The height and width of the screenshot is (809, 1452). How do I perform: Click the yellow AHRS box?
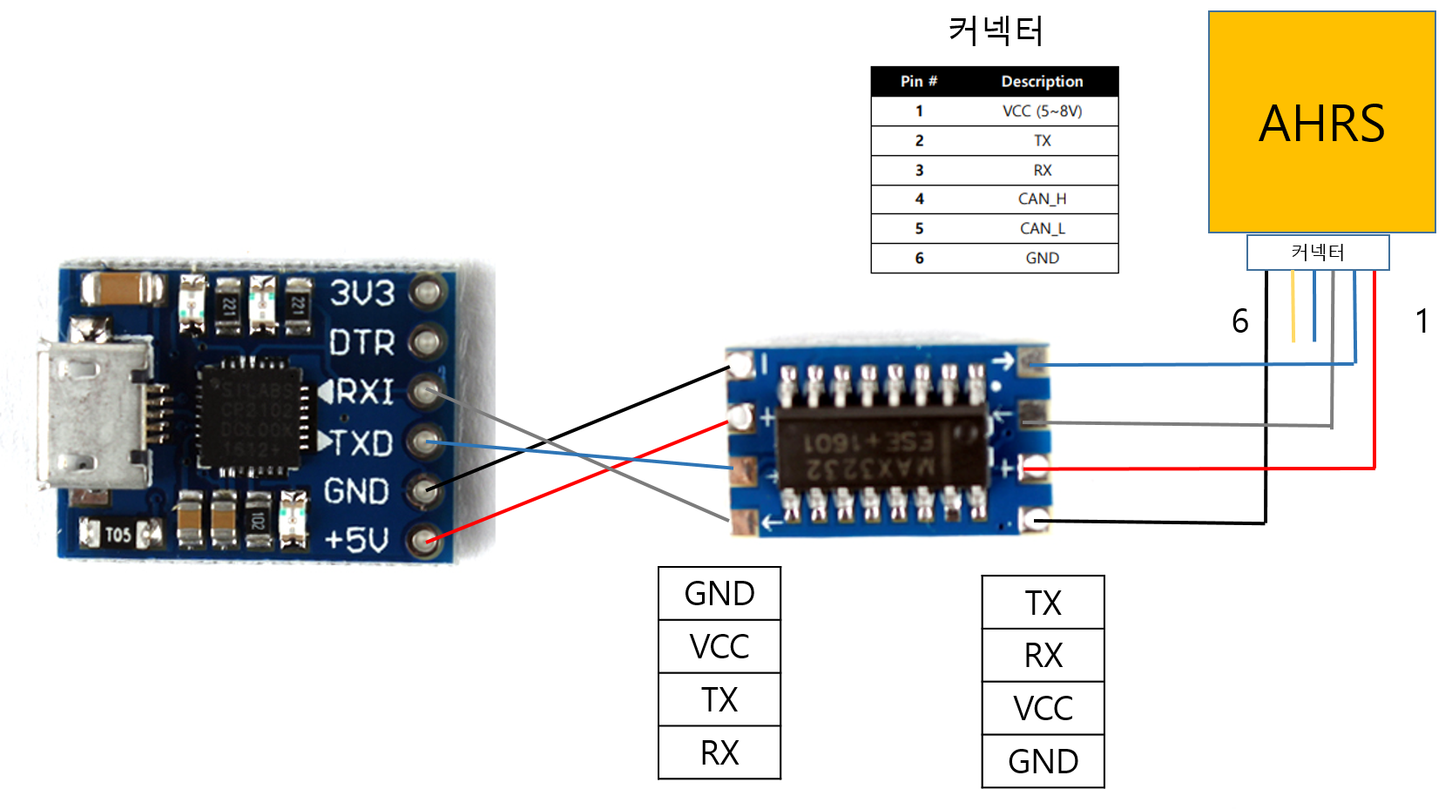pyautogui.click(x=1321, y=122)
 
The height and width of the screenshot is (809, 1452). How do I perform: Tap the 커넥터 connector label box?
pyautogui.click(x=1317, y=253)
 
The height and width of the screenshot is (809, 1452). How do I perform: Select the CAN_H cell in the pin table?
pyautogui.click(x=1042, y=199)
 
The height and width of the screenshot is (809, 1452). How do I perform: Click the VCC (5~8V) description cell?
pyautogui.click(x=1042, y=111)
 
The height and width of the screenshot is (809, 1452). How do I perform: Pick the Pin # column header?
pyautogui.click(x=918, y=81)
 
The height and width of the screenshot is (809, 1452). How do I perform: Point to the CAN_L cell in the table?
pyautogui.click(x=1042, y=228)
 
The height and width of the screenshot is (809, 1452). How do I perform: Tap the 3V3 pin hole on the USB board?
pyautogui.click(x=427, y=293)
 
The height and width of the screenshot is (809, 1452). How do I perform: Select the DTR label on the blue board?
pyautogui.click(x=361, y=343)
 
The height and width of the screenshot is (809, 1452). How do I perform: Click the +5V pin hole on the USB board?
pyautogui.click(x=425, y=541)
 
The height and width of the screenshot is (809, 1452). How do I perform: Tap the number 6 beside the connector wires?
pyautogui.click(x=1239, y=321)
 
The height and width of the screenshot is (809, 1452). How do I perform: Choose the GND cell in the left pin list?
pyautogui.click(x=719, y=594)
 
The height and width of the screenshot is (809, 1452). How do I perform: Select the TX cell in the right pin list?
pyautogui.click(x=1043, y=603)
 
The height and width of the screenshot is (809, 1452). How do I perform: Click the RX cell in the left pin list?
pyautogui.click(x=719, y=752)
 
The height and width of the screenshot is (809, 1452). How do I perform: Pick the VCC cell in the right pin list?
pyautogui.click(x=1043, y=708)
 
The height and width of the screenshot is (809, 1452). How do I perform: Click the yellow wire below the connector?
pyautogui.click(x=1293, y=307)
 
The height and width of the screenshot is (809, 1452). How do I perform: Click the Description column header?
pyautogui.click(x=1042, y=81)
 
